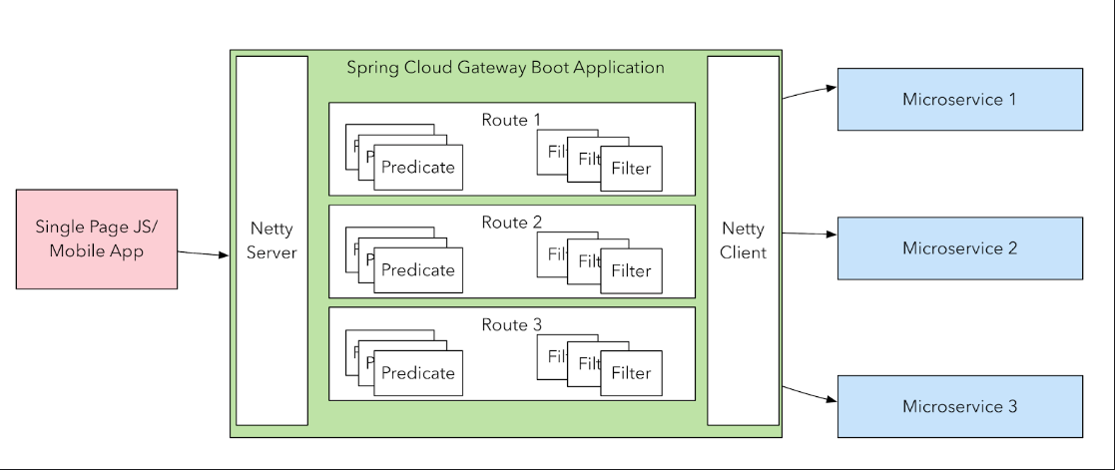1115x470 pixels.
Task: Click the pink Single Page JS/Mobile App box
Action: [97, 239]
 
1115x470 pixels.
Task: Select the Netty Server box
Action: [272, 240]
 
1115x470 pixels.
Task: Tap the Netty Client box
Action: [743, 240]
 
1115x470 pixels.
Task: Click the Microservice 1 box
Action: [959, 99]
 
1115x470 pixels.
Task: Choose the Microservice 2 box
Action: [959, 247]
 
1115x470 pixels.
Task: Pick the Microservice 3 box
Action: [959, 406]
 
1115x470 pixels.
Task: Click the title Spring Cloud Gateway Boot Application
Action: [505, 68]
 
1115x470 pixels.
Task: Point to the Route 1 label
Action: [511, 120]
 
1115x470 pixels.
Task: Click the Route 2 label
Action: [511, 223]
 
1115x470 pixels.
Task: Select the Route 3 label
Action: [511, 324]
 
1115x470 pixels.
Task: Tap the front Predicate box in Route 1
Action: [417, 167]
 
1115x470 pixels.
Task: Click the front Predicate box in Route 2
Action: [417, 269]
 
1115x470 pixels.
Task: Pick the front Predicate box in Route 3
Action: [417, 372]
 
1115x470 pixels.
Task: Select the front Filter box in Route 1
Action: [631, 168]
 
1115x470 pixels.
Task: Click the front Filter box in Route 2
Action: [631, 270]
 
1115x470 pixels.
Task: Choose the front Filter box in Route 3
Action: [631, 373]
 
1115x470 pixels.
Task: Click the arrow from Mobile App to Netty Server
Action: [204, 252]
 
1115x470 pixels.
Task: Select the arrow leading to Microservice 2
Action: [809, 234]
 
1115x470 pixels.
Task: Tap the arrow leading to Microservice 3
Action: [809, 393]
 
